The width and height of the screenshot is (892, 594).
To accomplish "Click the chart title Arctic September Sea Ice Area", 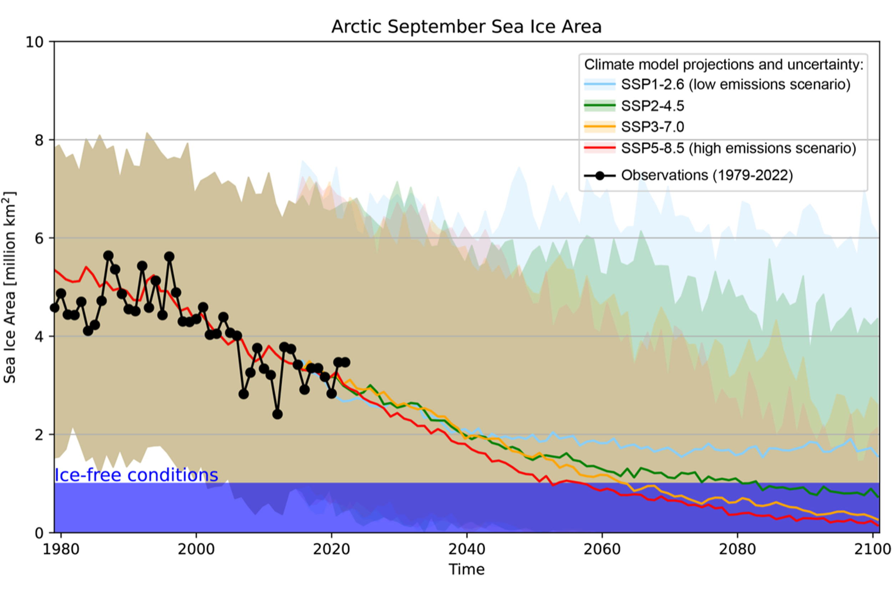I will pos(466,26).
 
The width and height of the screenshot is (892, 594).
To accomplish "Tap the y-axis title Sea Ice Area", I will pos(9,288).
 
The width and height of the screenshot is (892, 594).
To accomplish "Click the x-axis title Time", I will pos(466,569).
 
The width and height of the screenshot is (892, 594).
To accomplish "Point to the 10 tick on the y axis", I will pos(35,42).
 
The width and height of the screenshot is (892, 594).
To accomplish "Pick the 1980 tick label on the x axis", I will pos(61,549).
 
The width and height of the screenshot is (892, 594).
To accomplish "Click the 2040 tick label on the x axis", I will pos(466,549).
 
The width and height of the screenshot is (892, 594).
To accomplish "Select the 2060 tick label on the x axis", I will pos(602,549).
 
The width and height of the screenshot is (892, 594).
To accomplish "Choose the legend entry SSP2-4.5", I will pos(652,106).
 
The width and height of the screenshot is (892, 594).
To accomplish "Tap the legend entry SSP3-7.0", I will pos(652,127).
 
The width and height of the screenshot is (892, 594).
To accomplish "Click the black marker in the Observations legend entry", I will pos(599,176).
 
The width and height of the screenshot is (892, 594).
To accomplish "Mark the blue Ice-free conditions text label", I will pos(136,475).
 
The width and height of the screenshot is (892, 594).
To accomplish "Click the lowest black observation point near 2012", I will pos(277,414).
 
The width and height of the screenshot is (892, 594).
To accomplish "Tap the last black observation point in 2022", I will pos(345,362).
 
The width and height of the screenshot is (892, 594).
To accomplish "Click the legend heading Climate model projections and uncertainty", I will pos(724,64).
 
